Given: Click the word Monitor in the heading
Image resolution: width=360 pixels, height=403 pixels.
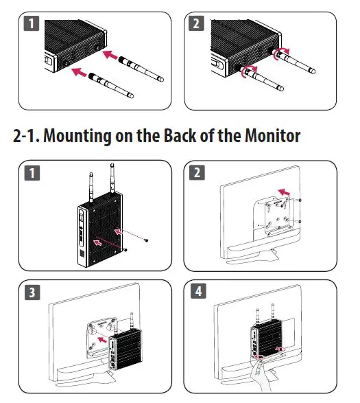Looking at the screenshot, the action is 272,135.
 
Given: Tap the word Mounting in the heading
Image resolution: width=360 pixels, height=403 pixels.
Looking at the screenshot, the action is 77,136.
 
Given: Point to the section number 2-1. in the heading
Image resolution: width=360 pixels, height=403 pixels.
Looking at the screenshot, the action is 26,135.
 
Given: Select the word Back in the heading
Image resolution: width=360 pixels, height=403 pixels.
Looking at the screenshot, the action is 180,135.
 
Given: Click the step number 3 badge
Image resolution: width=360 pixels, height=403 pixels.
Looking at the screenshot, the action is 32,292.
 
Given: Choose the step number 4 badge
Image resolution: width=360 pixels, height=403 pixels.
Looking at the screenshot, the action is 198,291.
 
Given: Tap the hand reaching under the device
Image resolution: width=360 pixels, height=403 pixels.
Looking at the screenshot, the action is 260,376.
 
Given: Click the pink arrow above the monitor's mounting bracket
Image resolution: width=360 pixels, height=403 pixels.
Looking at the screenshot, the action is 284,192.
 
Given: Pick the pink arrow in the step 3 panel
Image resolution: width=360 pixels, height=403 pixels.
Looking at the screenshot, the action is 102,340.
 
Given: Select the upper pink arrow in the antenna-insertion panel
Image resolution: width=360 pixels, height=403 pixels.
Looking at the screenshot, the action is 110,55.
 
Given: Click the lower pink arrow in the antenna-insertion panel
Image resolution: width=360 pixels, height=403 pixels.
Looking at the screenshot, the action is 80,71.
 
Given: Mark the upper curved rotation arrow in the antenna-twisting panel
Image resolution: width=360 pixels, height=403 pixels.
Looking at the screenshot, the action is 280,54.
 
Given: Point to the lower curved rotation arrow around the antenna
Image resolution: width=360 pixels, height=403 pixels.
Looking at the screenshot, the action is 248,71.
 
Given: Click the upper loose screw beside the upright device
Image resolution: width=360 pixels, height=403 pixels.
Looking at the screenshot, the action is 146,240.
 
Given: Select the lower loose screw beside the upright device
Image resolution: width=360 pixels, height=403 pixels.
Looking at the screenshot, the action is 125,250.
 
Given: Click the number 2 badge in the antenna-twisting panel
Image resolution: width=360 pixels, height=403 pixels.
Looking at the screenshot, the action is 196,23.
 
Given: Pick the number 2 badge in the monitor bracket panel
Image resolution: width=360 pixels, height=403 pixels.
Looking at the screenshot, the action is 197,172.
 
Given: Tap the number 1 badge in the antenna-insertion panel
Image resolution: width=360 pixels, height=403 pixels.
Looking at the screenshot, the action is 32,23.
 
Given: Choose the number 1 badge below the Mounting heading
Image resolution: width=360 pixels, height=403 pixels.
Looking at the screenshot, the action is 32,173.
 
